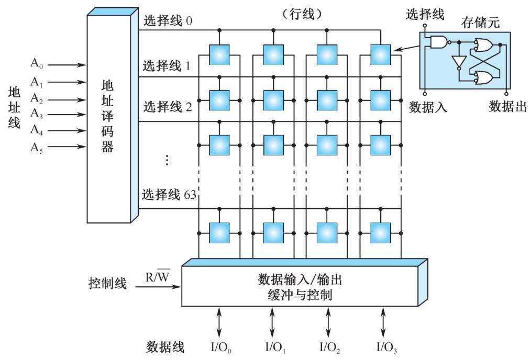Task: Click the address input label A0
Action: click(37, 65)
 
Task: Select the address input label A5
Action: click(37, 147)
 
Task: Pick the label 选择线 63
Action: click(168, 195)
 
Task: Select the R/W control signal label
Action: click(157, 276)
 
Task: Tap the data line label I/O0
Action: click(219, 347)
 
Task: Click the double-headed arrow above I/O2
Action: click(328, 322)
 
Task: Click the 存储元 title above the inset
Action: click(480, 23)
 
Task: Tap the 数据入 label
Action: click(427, 107)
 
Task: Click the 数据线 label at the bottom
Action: click(165, 347)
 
